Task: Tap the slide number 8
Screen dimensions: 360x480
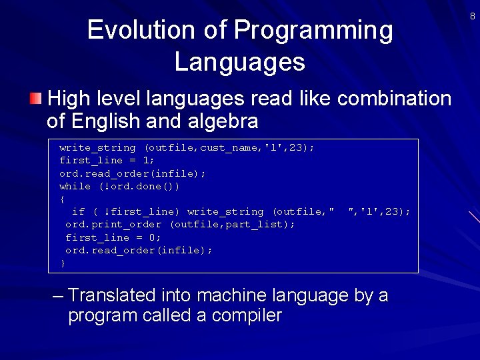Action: pos(472,16)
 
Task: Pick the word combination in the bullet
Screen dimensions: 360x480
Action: pos(394,99)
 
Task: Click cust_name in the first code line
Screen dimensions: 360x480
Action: pos(229,147)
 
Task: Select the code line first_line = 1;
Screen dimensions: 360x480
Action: pos(107,160)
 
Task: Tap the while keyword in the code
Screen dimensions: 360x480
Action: pos(75,186)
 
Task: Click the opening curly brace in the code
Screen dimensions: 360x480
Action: pos(62,199)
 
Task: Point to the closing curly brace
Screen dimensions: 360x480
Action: pos(63,263)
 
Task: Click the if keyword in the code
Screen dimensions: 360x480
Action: pos(78,211)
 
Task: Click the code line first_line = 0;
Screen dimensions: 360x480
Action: pos(113,237)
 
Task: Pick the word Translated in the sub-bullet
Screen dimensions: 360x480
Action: pos(111,295)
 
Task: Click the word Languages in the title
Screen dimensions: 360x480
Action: pos(239,62)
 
